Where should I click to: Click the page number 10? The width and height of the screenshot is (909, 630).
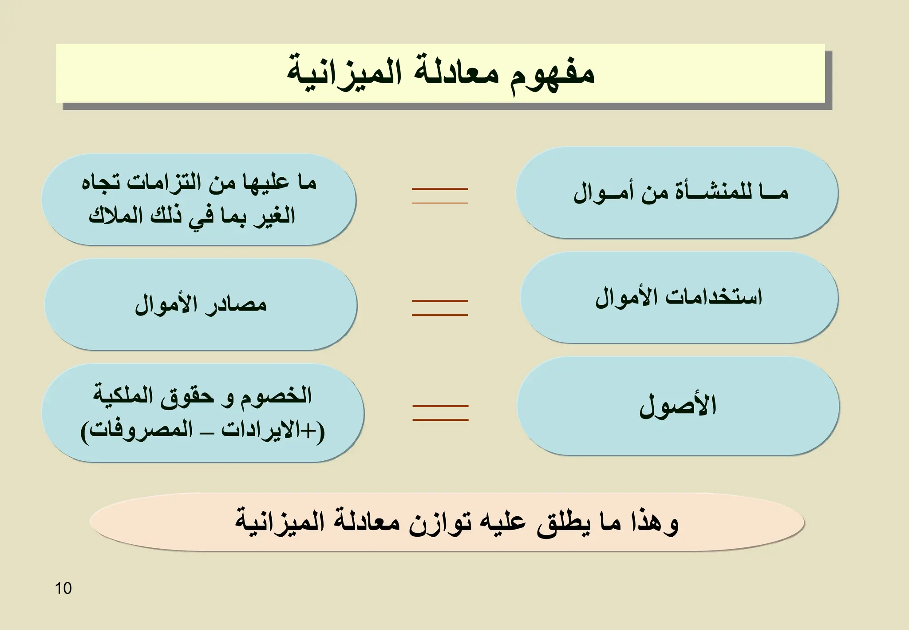tap(63, 588)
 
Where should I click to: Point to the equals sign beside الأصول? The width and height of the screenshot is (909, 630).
tap(440, 413)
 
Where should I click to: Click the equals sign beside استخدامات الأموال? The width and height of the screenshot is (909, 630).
tap(440, 308)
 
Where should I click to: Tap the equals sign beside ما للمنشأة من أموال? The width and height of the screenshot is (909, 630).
tap(440, 196)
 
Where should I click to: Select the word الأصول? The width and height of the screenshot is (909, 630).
tap(678, 405)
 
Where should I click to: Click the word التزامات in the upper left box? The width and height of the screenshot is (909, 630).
tap(164, 183)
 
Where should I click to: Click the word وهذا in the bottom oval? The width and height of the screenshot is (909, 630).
tap(655, 522)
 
